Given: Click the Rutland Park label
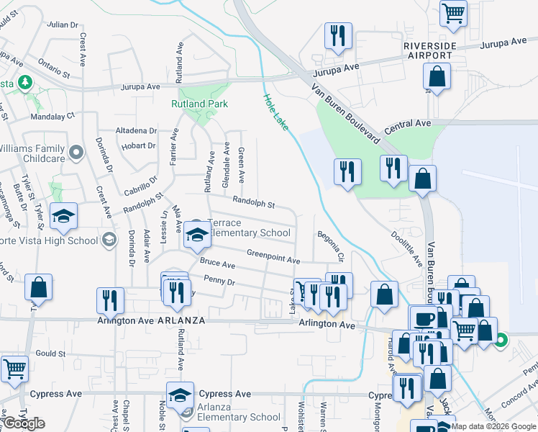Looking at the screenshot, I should [x=199, y=104].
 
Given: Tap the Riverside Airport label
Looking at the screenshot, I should [x=429, y=51].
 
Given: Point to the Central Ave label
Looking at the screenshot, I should [x=407, y=124].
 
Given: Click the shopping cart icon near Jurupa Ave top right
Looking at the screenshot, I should [x=453, y=13].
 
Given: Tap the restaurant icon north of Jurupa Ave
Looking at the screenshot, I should [x=337, y=36].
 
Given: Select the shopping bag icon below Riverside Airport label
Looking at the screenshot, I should [x=437, y=76].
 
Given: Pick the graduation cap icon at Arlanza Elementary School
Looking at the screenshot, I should [x=180, y=395].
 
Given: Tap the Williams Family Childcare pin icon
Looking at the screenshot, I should [x=78, y=152].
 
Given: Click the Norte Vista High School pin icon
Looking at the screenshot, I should [x=109, y=240].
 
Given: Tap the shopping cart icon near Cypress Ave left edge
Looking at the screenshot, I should [x=14, y=369].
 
